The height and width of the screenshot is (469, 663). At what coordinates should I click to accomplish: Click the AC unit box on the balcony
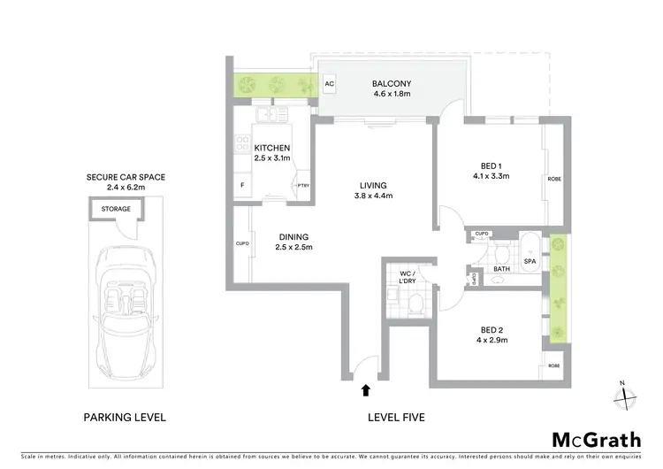click(x=330, y=85)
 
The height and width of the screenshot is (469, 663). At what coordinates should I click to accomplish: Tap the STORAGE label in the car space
click(x=115, y=209)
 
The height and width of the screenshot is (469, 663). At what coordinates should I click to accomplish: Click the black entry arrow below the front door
click(x=365, y=388)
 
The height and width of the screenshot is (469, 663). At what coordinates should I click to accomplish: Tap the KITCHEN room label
click(x=272, y=148)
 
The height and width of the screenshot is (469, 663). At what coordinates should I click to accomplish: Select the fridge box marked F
click(x=243, y=185)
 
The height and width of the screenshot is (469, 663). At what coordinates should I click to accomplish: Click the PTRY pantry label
click(x=303, y=185)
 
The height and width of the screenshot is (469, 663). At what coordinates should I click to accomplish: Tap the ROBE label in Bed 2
click(x=553, y=365)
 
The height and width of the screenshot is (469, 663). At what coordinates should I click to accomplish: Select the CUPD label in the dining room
click(x=241, y=243)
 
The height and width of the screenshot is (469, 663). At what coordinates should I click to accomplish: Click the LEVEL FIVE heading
click(x=393, y=417)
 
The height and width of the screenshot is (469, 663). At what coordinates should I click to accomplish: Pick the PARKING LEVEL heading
click(x=125, y=417)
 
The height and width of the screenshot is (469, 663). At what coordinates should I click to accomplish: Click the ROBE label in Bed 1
click(x=554, y=179)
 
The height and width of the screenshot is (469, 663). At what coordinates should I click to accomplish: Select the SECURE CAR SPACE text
click(x=126, y=177)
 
